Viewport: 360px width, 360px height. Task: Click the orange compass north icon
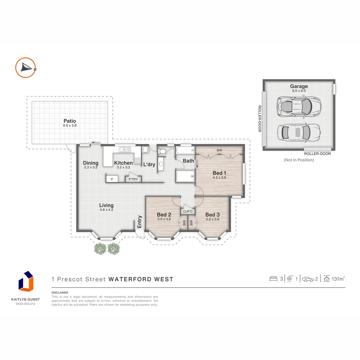coord(26,68)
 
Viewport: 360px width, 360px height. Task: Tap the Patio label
coord(70,121)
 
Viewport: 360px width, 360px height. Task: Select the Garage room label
coord(299,86)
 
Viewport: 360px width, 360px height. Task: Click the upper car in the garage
coord(299,106)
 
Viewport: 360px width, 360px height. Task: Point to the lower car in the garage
coord(299,132)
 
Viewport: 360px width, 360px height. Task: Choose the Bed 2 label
coord(164,215)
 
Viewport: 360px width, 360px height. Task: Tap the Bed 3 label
coord(212,215)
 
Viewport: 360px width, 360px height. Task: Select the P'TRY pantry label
coord(133,179)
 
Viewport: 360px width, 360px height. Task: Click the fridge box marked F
coord(112,179)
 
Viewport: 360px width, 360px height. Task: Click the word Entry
coord(139,221)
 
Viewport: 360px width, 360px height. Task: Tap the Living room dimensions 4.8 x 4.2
coord(106,210)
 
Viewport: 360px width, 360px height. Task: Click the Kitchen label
coord(123,163)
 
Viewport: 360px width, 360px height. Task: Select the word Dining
coord(91,163)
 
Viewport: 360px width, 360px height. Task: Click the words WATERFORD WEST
coord(141,279)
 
